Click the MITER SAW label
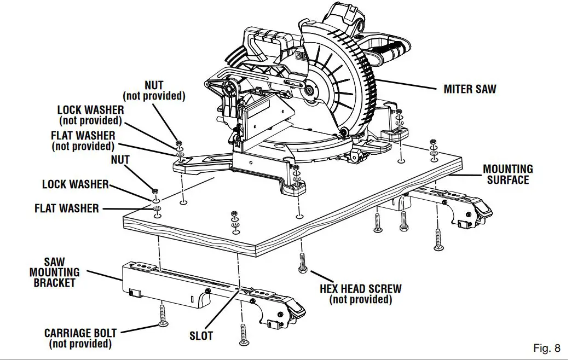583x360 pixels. [470, 89]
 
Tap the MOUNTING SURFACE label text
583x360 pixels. [507, 175]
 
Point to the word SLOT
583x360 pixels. [201, 336]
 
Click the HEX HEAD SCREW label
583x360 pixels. [360, 288]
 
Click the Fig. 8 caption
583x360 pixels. [546, 348]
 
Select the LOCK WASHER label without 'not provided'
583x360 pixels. [75, 184]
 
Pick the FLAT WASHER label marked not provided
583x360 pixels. [83, 135]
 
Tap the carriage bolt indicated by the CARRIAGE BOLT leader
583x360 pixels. [162, 316]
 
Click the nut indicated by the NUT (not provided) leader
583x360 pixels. [178, 143]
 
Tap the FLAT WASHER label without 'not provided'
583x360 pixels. [67, 208]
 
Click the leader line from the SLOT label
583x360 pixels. [222, 309]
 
